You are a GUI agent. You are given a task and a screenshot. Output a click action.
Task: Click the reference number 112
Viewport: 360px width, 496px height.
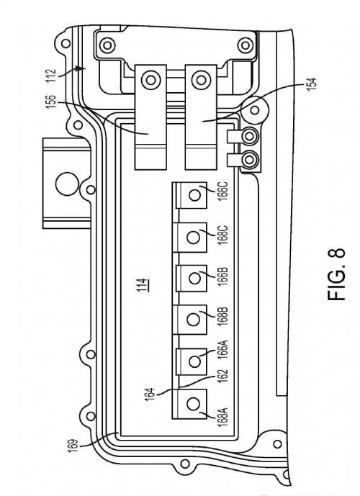pyautogui.click(x=51, y=76)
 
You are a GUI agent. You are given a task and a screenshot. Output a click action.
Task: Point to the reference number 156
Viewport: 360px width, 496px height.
pyautogui.click(x=51, y=102)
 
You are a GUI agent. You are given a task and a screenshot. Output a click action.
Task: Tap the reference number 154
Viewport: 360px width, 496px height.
pyautogui.click(x=311, y=84)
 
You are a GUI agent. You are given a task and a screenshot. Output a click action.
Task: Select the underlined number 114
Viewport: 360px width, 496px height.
pyautogui.click(x=143, y=284)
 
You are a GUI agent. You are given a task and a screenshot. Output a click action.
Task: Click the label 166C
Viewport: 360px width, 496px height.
pyautogui.click(x=222, y=191)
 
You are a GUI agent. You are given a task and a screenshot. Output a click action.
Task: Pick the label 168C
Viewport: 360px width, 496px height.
pyautogui.click(x=222, y=235)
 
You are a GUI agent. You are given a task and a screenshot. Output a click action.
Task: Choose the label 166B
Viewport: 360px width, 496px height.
pyautogui.click(x=222, y=277)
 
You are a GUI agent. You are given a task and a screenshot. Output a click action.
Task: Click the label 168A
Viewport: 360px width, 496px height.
pyautogui.click(x=222, y=418)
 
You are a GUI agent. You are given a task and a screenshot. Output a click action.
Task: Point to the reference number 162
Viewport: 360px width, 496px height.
pyautogui.click(x=222, y=376)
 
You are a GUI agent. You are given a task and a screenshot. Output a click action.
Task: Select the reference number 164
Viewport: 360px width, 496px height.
pyautogui.click(x=150, y=395)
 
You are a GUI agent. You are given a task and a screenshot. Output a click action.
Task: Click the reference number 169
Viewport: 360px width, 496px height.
pyautogui.click(x=73, y=446)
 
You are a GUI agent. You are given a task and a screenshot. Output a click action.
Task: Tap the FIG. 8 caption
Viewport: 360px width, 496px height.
pyautogui.click(x=336, y=274)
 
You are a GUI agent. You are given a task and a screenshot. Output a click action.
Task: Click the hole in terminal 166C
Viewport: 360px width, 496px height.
pyautogui.click(x=194, y=196)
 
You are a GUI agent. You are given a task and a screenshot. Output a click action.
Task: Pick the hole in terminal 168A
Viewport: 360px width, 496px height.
pyautogui.click(x=193, y=404)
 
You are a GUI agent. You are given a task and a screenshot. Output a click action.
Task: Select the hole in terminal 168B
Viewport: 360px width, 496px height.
pyautogui.click(x=193, y=320)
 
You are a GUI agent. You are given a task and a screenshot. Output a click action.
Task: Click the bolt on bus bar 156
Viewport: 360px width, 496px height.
pyautogui.click(x=151, y=80)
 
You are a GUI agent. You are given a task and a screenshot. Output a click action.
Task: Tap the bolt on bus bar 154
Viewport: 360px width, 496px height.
pyautogui.click(x=201, y=80)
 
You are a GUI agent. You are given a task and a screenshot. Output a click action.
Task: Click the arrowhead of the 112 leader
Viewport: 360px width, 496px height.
pyautogui.click(x=82, y=68)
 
